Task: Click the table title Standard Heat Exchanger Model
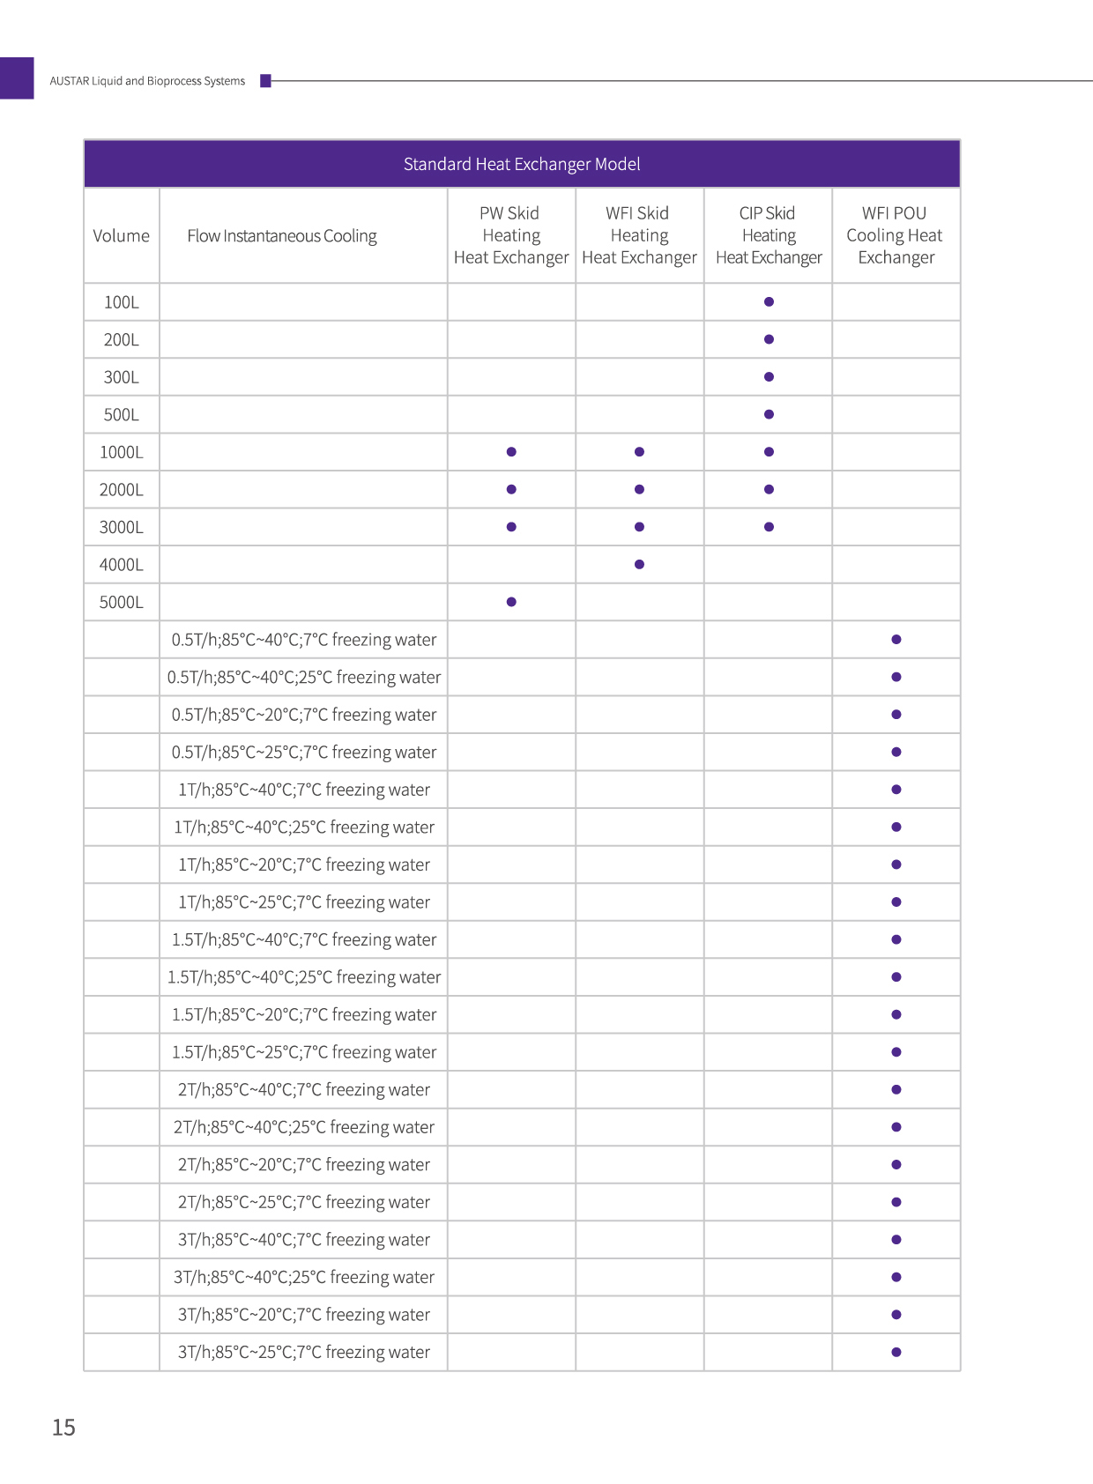point(522,164)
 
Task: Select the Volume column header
point(122,236)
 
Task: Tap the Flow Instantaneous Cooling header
point(282,236)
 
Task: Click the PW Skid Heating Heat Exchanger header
point(511,235)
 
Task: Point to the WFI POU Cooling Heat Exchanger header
point(896,235)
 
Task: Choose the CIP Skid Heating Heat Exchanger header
point(769,235)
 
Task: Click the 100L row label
point(122,302)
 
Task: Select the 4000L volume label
point(122,565)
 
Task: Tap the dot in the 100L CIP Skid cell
point(769,302)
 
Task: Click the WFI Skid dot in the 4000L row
point(639,565)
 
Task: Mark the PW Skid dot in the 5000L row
point(511,602)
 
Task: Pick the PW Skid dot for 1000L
point(511,452)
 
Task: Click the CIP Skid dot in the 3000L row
point(769,527)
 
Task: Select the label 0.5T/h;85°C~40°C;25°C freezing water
point(304,678)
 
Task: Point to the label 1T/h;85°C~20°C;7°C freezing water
point(304,865)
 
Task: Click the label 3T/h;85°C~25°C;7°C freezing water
point(304,1353)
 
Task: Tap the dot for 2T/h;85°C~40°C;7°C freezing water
point(896,1090)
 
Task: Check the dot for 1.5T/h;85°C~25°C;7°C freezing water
point(896,1052)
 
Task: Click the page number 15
point(63,1428)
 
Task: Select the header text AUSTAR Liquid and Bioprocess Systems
point(147,81)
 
